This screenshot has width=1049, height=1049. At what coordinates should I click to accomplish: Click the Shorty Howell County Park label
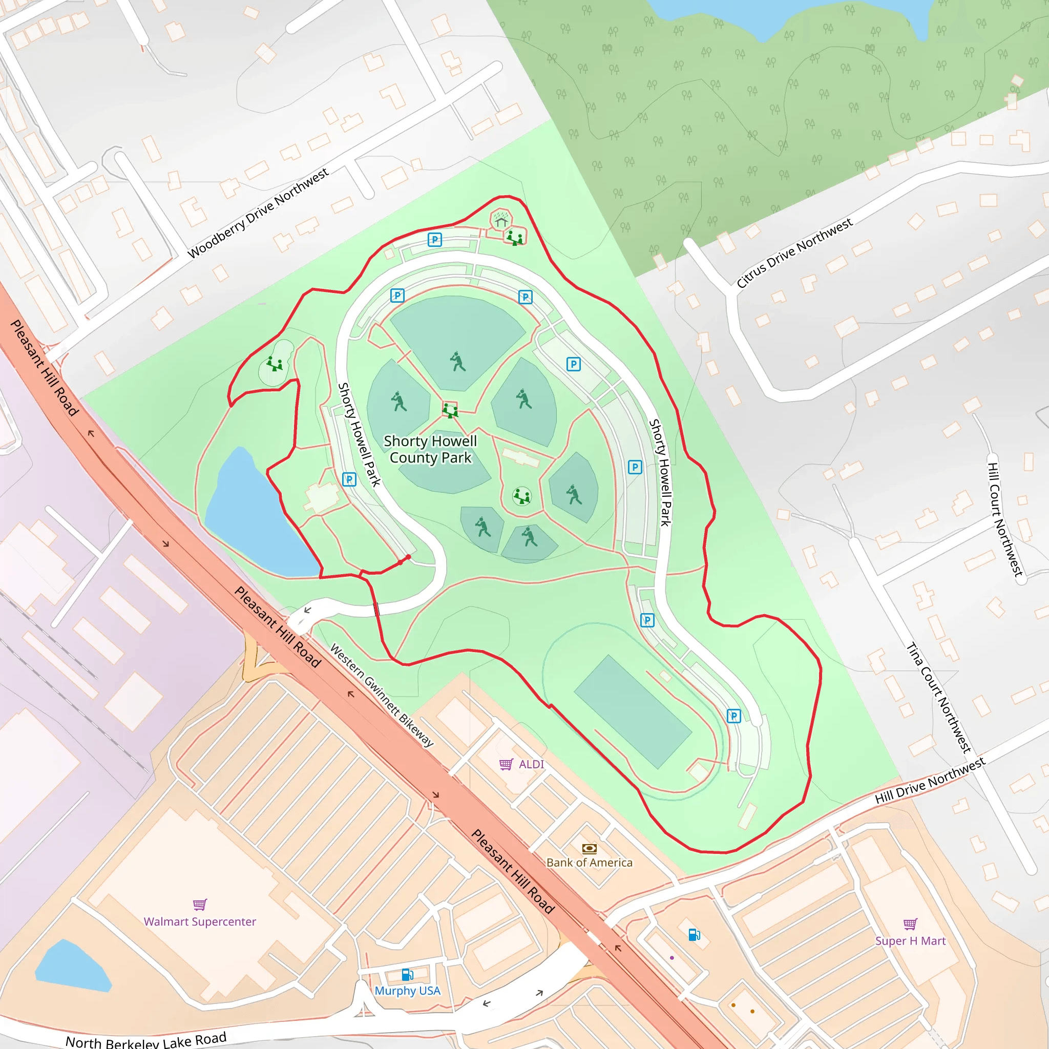click(430, 450)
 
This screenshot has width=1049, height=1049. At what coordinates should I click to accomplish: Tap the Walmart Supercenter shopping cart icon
click(200, 905)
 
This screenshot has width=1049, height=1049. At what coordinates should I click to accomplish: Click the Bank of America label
click(589, 863)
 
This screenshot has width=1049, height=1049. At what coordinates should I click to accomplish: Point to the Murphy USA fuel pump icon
click(407, 975)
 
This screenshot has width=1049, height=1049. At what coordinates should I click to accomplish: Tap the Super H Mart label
click(910, 941)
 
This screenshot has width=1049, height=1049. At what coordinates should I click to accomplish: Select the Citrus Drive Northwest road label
click(794, 253)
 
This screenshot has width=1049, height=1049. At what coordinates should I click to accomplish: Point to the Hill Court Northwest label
click(1004, 519)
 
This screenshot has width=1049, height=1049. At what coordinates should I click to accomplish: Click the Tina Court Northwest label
click(938, 698)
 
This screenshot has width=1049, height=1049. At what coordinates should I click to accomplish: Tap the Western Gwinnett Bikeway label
click(382, 696)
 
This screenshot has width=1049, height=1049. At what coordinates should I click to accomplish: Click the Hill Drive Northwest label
click(930, 781)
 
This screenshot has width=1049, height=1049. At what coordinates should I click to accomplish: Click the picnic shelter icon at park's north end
click(501, 219)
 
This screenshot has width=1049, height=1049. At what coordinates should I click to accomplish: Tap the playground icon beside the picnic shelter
click(515, 237)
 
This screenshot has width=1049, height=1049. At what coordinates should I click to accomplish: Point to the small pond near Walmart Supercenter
click(72, 966)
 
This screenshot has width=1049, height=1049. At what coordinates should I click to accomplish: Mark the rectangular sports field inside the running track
click(633, 712)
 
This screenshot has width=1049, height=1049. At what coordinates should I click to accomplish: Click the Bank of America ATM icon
click(589, 848)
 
